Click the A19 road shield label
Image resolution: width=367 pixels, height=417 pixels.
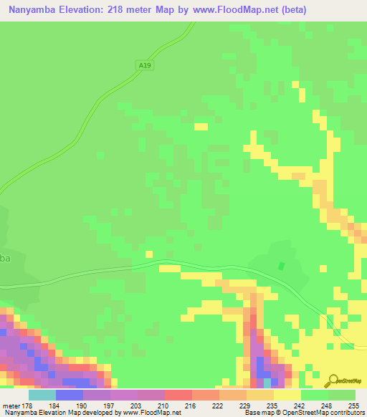(146, 65)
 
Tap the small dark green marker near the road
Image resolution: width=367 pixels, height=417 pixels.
(281, 266)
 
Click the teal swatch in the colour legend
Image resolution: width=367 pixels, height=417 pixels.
(42, 395)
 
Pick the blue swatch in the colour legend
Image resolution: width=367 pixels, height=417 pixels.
(70, 395)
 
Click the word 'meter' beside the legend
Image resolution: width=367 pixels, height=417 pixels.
(10, 406)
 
